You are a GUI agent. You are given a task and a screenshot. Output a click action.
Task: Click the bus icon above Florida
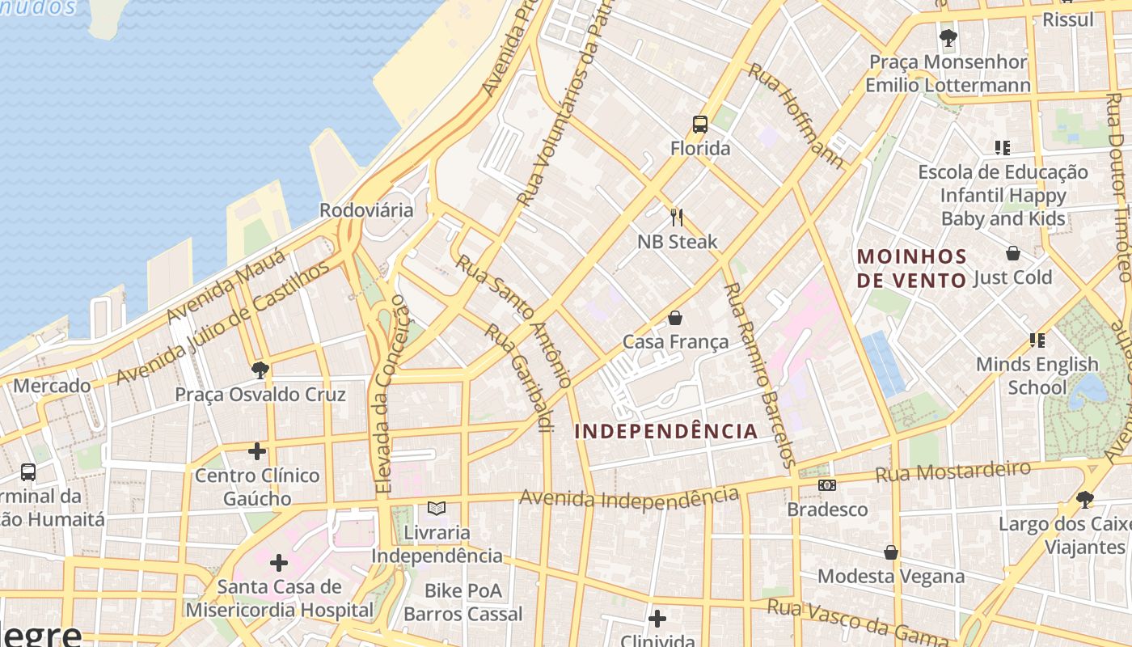click(x=700, y=125)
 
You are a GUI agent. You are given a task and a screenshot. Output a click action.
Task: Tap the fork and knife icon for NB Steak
click(x=677, y=218)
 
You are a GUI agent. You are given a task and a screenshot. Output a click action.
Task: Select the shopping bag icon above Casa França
click(x=675, y=318)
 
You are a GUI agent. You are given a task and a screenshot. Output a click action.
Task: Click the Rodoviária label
click(x=366, y=210)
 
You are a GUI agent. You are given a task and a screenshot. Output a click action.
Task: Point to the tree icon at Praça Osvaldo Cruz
click(x=260, y=370)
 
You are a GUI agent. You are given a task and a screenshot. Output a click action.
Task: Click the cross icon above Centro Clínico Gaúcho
click(x=257, y=450)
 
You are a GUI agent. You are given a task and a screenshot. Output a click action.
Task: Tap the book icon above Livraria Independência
click(x=437, y=509)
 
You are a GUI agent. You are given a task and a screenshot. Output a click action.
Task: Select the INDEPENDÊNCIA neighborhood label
click(x=666, y=431)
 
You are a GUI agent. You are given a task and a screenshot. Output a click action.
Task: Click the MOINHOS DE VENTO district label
click(x=912, y=269)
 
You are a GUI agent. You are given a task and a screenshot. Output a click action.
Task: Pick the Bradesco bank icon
click(x=826, y=485)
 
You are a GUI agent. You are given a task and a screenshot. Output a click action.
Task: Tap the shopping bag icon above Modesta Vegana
click(x=891, y=552)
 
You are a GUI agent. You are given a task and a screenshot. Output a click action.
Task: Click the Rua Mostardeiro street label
click(x=953, y=472)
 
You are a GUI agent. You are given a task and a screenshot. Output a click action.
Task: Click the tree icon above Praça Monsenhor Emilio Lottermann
click(x=948, y=37)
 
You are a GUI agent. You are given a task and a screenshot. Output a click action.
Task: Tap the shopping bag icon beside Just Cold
click(x=1012, y=253)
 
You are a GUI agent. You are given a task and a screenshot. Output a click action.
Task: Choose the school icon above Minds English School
click(x=1037, y=340)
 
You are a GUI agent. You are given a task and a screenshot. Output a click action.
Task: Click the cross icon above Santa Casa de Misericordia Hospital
click(x=279, y=562)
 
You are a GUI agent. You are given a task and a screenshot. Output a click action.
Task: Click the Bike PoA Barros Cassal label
click(x=463, y=603)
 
